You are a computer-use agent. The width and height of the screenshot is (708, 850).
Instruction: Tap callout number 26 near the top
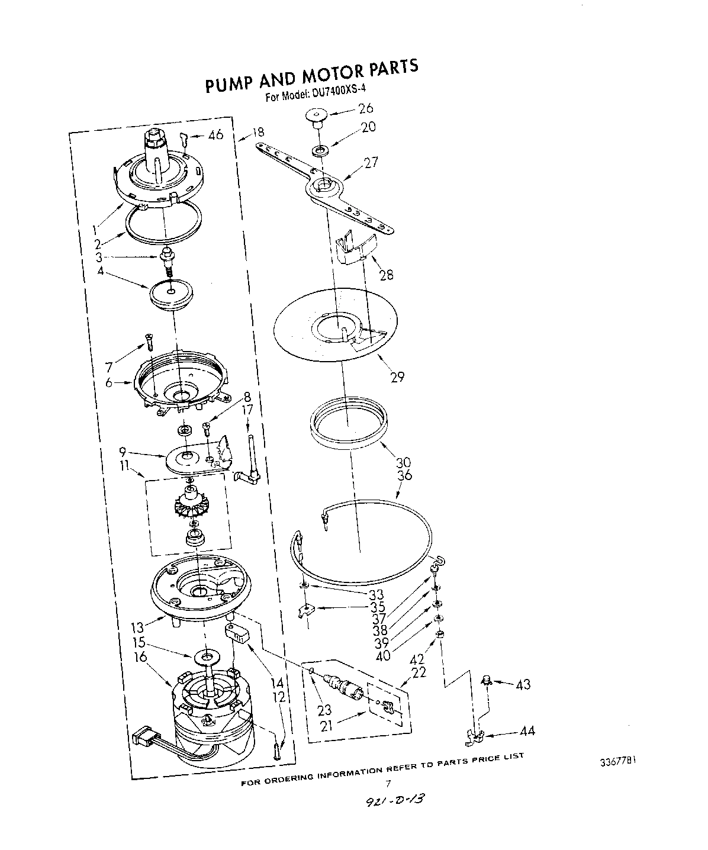[x=366, y=108]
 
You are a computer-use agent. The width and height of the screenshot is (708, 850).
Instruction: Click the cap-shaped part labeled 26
[x=317, y=116]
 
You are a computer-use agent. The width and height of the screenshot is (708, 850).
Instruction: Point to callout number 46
[x=215, y=135]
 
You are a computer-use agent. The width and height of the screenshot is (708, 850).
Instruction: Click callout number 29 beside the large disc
[x=397, y=376]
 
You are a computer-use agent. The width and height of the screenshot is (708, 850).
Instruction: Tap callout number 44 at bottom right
[x=526, y=731]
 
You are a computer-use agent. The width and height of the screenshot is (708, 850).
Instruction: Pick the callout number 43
[x=523, y=684]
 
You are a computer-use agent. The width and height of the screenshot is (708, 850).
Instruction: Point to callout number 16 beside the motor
[x=140, y=657]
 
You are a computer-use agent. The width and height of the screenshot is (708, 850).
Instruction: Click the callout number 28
[x=387, y=275]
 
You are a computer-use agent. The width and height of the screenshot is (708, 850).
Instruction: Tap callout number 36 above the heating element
[x=406, y=475]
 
